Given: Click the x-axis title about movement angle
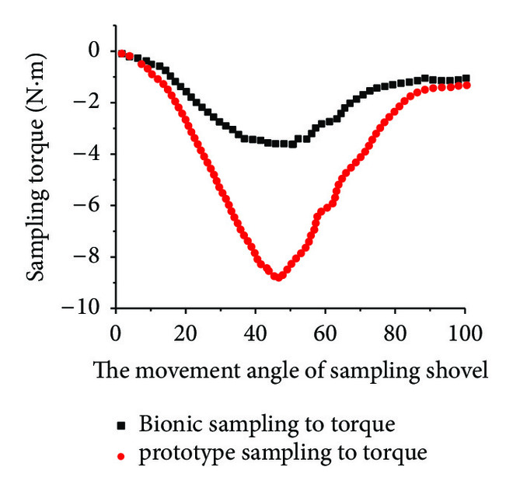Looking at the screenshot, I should [291, 371].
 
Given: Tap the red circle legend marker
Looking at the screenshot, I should [121, 453].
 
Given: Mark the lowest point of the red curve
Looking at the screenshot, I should [277, 277].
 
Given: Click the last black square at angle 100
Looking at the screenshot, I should [466, 78].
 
